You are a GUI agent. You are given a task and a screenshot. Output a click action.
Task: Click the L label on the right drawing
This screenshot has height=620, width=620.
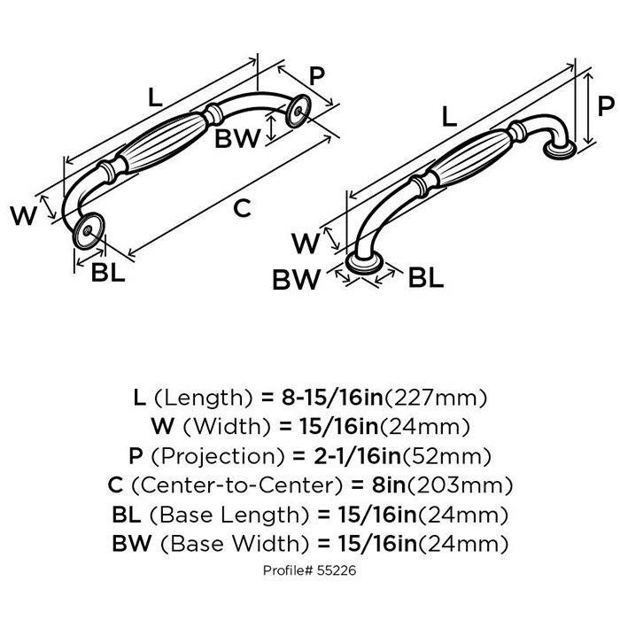coord(449,114)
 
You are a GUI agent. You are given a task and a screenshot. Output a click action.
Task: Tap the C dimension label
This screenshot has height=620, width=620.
coord(242,209)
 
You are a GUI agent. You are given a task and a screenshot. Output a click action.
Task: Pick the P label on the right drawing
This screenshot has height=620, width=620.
coord(606,106)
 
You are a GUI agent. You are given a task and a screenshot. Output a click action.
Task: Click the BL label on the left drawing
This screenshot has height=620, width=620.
coord(107,274)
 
